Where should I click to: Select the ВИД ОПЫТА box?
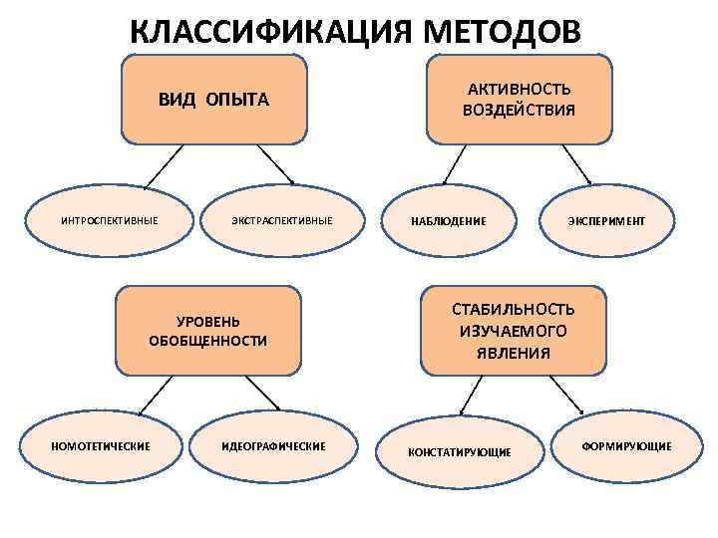(213, 100)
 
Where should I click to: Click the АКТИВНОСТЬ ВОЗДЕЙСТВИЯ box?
(519, 99)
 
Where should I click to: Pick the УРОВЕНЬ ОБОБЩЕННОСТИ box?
(208, 332)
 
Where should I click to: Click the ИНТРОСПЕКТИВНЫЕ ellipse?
(109, 220)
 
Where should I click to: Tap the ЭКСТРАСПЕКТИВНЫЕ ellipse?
(282, 220)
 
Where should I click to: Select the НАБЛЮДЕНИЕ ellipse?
(449, 220)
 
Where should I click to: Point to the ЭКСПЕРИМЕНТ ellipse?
(607, 220)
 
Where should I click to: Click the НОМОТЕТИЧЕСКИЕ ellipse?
(101, 445)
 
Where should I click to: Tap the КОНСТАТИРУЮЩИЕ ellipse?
(460, 451)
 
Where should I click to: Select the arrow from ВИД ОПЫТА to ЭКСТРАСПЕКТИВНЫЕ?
(272, 164)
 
